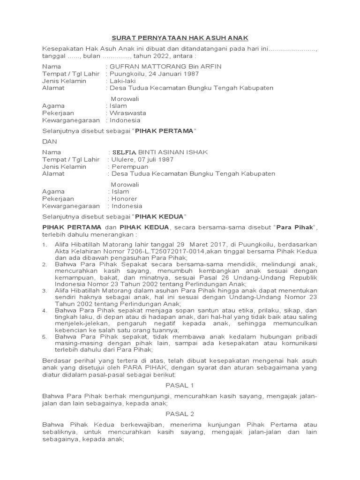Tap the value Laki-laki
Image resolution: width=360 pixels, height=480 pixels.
coord(122,81)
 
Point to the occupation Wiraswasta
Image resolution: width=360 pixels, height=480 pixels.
coord(128,113)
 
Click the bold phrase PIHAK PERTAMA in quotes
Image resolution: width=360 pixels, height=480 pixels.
coord(164,131)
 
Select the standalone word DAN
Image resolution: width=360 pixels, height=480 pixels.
coord(49,142)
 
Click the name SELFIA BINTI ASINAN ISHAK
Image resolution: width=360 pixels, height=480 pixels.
coord(158,152)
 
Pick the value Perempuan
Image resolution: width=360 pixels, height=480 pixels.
coord(129,166)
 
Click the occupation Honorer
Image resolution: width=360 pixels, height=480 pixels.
coord(124,199)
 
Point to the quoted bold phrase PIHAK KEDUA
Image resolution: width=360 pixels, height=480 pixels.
coord(160,216)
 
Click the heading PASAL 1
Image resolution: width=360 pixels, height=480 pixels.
coord(180,385)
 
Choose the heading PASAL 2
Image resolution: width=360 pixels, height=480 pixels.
coord(180,414)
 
